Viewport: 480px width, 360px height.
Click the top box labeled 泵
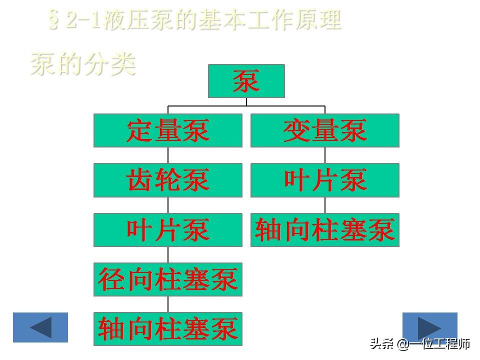(x=246, y=81)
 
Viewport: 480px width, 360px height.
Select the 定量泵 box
(x=168, y=130)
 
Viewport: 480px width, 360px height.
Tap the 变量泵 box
(x=325, y=130)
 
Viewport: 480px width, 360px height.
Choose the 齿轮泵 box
(x=168, y=180)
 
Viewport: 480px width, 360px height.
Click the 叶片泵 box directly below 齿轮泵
(x=168, y=230)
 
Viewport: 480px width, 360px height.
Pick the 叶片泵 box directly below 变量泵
(x=325, y=180)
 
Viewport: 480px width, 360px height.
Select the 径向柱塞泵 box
(x=168, y=279)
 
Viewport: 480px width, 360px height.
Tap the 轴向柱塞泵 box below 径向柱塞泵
(x=168, y=329)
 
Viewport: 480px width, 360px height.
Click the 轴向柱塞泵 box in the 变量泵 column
(x=325, y=230)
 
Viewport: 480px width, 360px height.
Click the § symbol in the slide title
(x=54, y=20)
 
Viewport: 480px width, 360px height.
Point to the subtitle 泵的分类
(x=83, y=63)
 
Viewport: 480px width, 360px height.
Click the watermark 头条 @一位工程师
(x=420, y=344)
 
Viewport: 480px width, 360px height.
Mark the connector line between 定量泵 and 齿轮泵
(x=168, y=155)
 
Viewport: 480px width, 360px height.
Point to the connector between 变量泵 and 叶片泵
(x=325, y=155)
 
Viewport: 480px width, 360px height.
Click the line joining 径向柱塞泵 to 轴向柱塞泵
(x=168, y=304)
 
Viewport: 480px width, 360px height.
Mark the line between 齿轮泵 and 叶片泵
(x=168, y=205)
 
